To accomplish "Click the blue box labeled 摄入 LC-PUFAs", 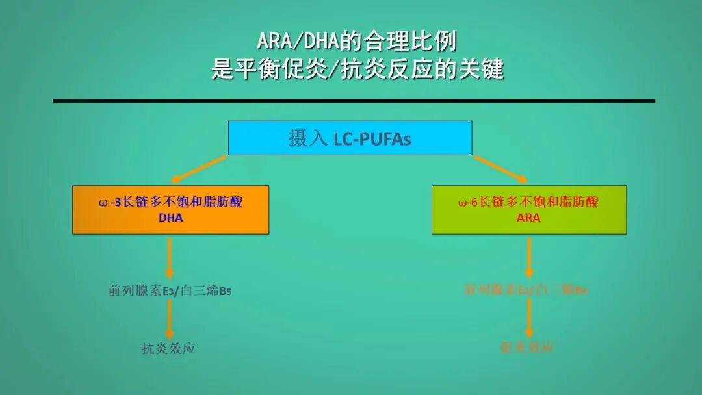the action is coord(350,138).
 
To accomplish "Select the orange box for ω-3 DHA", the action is coord(170,209).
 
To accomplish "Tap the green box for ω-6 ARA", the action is coord(528,209).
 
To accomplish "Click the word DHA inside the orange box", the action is coord(170,218).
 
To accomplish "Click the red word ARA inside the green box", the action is coord(528,218).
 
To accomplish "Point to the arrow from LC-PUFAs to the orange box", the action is coord(198,169).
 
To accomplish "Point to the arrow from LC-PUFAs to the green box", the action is coord(500,169).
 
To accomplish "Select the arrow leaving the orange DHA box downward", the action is coord(170,257).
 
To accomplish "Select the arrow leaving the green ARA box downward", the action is coord(528,257).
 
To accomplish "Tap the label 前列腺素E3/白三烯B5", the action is coord(170,291).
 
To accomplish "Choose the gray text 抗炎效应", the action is coord(168,349).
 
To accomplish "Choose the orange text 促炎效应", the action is coord(527,348).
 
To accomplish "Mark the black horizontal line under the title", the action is coord(354,101).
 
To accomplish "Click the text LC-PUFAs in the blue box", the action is coord(372,139).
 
